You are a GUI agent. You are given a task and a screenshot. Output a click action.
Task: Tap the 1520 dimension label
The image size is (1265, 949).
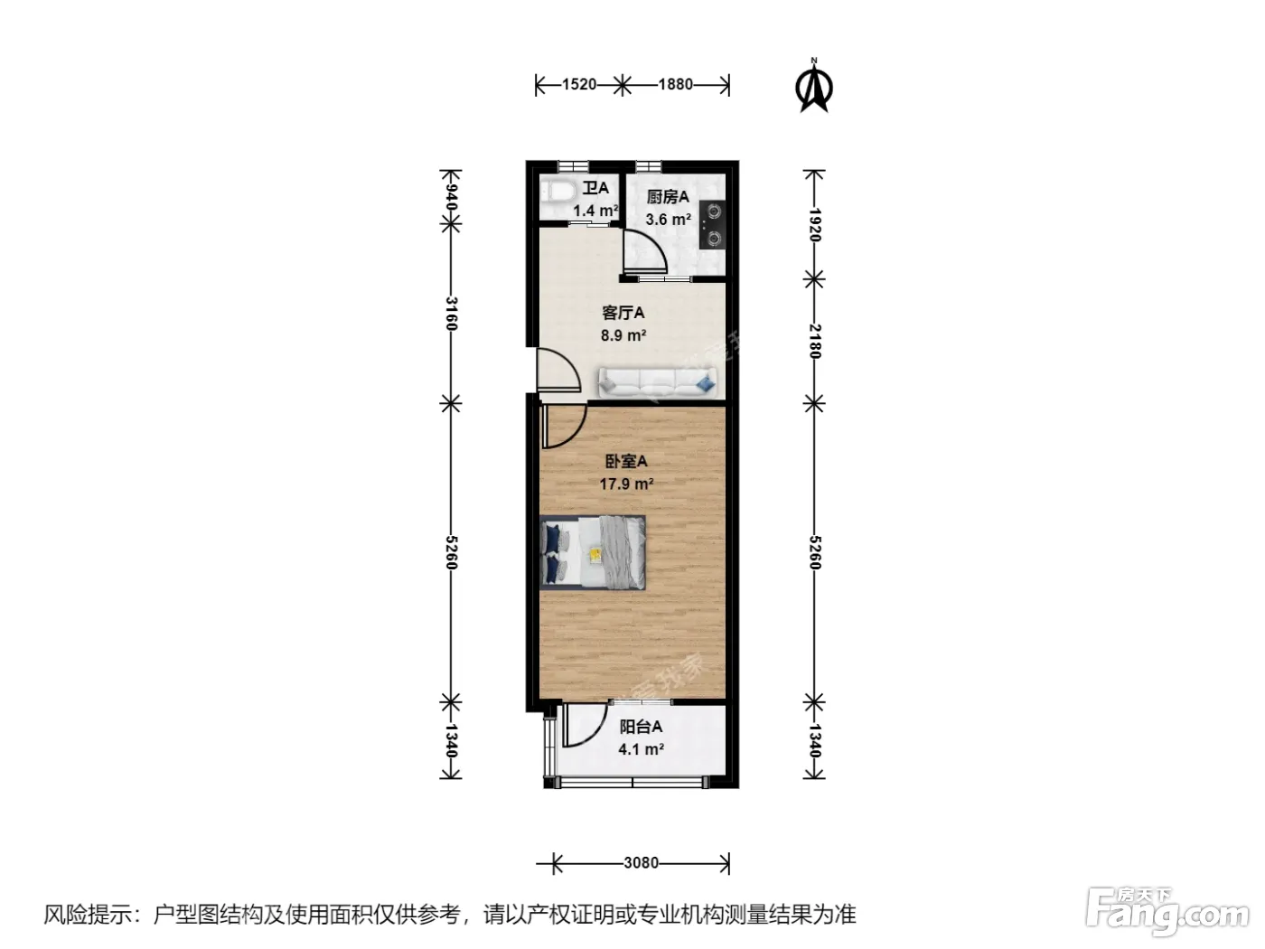click(x=578, y=85)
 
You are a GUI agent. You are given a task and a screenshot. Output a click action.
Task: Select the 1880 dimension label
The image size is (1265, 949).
click(x=676, y=85)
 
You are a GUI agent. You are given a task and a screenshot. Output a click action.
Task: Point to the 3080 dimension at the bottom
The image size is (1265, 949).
click(x=641, y=862)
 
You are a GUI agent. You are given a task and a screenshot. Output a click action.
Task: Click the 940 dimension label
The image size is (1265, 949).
click(x=451, y=197)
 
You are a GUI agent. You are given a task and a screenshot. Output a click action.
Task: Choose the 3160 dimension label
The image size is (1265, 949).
click(x=451, y=314)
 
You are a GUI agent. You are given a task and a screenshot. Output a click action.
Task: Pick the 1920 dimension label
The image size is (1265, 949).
click(x=814, y=225)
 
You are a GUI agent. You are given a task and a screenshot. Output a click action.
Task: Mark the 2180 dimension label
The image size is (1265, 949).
click(x=814, y=341)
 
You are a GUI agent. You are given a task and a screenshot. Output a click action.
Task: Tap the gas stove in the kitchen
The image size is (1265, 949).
click(x=712, y=225)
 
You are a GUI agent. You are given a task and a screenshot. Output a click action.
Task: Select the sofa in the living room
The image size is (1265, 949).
click(x=658, y=382)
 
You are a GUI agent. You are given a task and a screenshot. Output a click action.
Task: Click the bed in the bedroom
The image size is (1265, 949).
click(x=593, y=552)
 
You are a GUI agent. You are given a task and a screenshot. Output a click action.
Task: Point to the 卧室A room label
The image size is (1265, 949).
click(x=626, y=461)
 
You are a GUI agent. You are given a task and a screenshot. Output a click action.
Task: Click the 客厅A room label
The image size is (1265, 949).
click(x=623, y=313)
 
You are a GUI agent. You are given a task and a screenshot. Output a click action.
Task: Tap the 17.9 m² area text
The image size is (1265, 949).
click(x=626, y=484)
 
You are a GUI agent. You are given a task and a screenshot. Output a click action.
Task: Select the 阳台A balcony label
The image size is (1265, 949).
click(x=641, y=727)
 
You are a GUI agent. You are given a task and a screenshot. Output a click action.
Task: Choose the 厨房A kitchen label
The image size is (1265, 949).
click(x=668, y=197)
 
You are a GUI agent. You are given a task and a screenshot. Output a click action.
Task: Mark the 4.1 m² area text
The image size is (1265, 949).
click(x=641, y=749)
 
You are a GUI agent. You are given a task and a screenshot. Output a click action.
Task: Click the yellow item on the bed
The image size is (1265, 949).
click(x=595, y=554)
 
